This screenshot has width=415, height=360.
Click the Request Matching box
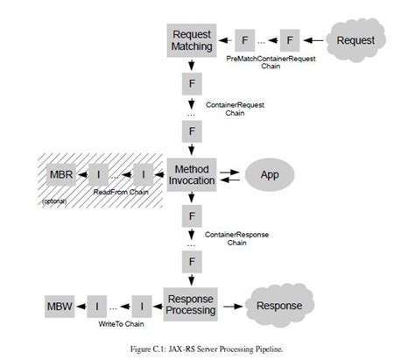[x=190, y=39]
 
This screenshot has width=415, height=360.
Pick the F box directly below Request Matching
[x=190, y=84]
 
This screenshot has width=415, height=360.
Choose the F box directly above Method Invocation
[x=190, y=132]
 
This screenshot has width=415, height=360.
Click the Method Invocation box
[x=190, y=173]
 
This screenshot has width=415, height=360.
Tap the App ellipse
[x=270, y=173]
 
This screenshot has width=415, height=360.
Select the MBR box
[x=60, y=173]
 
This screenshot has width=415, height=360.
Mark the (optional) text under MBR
[x=54, y=201]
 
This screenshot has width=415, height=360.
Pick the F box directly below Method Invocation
[x=190, y=215]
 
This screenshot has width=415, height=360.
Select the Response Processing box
[x=190, y=306]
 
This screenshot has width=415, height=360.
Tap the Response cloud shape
[x=280, y=306]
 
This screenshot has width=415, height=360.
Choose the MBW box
[x=60, y=306]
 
